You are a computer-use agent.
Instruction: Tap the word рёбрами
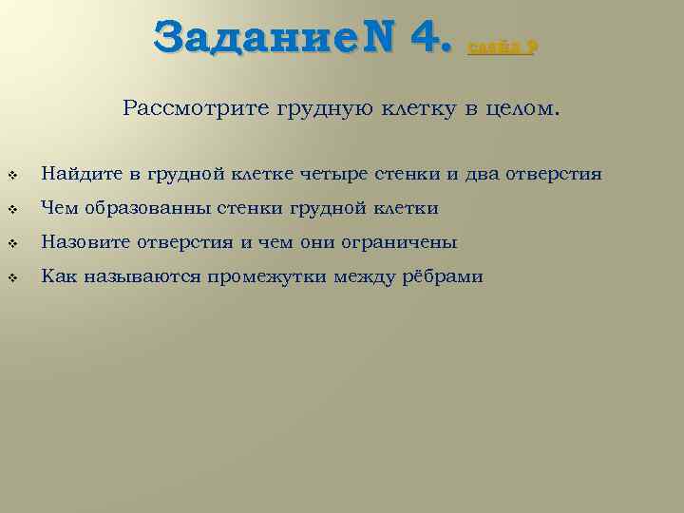tap(442, 276)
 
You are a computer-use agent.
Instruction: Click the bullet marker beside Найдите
tap(13, 176)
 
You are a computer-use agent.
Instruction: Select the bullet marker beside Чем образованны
tap(13, 210)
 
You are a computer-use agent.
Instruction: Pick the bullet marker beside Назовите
tap(13, 244)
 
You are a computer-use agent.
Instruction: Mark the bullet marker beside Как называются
tap(13, 278)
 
